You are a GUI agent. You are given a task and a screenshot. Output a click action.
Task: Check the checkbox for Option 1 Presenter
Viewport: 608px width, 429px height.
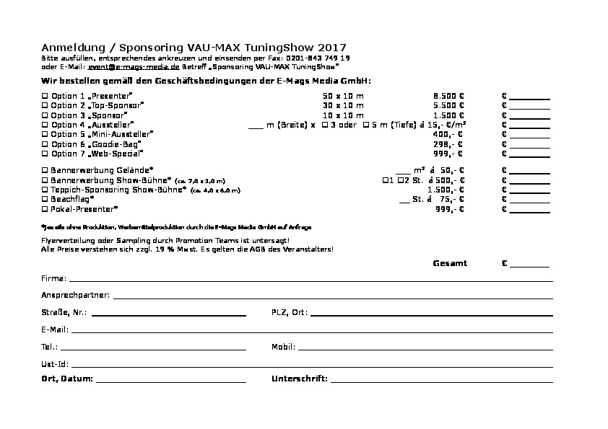tap(45, 96)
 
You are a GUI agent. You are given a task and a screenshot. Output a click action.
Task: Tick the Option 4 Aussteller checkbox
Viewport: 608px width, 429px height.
tap(45, 125)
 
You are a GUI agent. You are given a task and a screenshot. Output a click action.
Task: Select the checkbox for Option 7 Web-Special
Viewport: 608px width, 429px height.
tap(45, 154)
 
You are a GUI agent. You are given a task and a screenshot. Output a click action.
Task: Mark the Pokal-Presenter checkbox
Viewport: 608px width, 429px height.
tap(45, 208)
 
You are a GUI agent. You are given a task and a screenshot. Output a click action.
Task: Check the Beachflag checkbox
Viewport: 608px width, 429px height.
tap(45, 199)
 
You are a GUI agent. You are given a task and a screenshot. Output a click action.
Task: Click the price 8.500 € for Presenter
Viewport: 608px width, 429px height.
tap(448, 96)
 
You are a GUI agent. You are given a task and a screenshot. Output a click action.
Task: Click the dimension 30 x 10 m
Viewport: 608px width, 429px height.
tap(343, 105)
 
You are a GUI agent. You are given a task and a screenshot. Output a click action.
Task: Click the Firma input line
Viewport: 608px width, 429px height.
tap(310, 280)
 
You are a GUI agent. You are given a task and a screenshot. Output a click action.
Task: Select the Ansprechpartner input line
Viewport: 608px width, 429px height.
tap(332, 297)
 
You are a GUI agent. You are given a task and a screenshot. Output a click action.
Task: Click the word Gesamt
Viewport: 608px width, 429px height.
tap(449, 263)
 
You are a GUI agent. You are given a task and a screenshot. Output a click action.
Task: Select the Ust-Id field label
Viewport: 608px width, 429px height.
tap(55, 364)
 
